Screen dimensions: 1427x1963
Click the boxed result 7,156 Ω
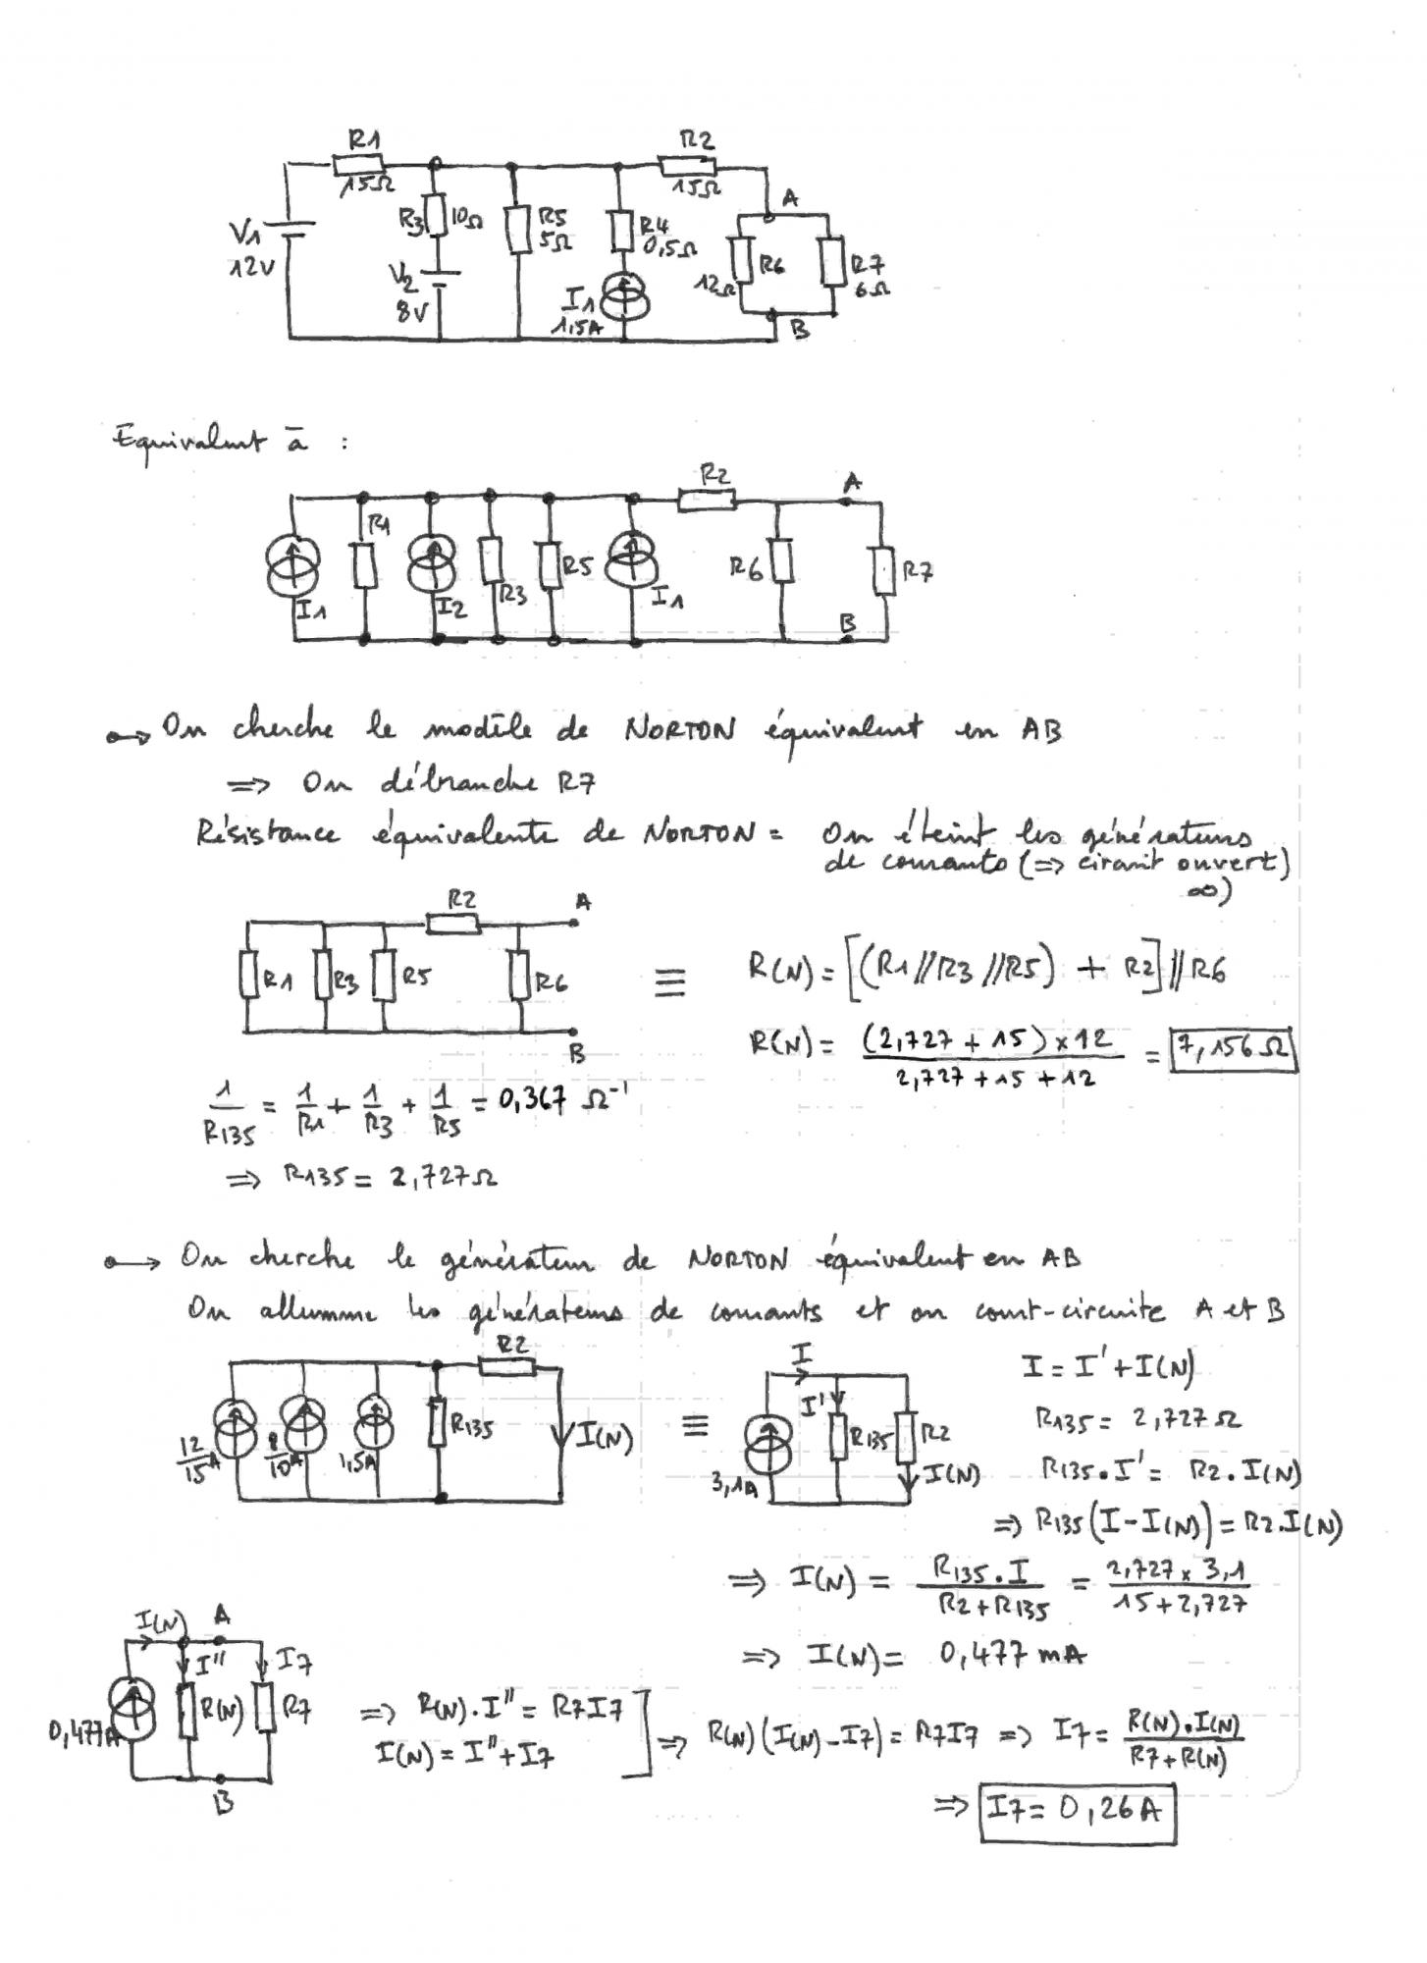tap(1233, 1051)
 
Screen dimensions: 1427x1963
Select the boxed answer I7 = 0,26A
tap(1078, 1809)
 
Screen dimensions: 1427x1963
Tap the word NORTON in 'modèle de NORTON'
tap(679, 730)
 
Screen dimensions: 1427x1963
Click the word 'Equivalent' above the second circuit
tap(188, 443)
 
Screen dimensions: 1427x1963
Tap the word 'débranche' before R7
tap(458, 783)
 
